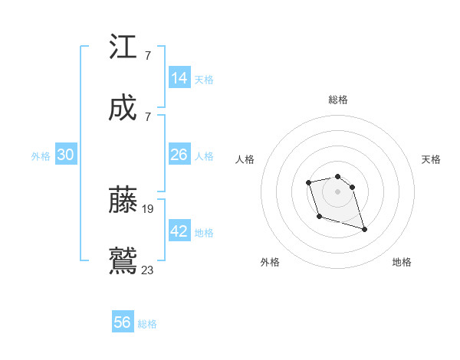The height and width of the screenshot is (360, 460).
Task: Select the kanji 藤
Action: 123,200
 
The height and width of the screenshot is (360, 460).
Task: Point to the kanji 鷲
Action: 123,260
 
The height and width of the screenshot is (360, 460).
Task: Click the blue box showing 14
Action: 179,78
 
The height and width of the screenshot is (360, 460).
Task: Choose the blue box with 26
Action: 179,155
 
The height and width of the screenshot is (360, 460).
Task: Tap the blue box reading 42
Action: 179,231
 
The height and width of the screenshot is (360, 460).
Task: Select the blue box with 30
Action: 65,155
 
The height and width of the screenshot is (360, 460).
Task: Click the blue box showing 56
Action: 123,322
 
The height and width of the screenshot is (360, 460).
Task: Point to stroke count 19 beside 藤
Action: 148,208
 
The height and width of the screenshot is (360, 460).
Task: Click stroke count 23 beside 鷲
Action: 148,270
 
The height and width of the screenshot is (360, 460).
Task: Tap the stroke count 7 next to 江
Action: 147,56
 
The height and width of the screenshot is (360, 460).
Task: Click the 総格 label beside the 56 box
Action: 147,324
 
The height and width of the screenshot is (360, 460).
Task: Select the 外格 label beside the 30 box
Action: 41,156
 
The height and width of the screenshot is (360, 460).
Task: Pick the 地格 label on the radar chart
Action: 402,262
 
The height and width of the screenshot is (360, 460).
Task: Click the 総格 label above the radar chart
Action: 338,100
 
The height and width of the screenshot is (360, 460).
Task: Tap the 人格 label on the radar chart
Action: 245,159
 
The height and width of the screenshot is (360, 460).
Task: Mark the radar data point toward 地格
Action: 364,229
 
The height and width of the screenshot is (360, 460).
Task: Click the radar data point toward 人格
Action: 308,182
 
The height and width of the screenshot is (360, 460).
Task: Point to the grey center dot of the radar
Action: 337,191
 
